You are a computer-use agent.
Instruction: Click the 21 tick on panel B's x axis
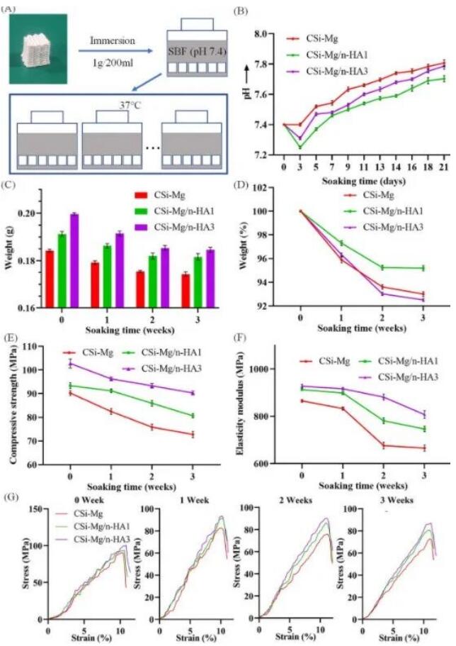coord(444,167)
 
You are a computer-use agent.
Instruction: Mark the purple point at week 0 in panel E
coord(70,364)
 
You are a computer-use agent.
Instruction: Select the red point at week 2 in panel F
coord(384,445)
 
